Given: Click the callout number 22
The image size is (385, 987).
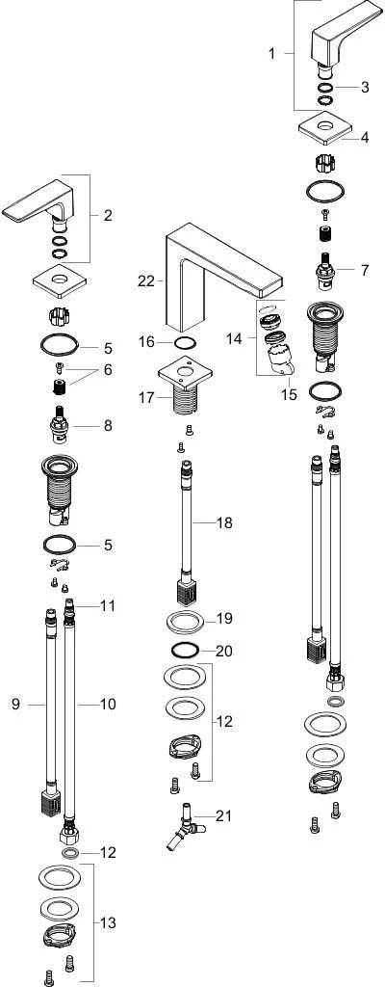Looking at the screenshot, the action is click(x=146, y=281).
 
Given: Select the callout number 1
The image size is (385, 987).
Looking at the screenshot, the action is click(x=271, y=54).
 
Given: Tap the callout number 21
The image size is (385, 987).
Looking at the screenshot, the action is click(x=222, y=816).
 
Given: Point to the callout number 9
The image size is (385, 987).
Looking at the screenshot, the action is click(x=15, y=704).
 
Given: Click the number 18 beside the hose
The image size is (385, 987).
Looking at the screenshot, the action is click(x=224, y=522).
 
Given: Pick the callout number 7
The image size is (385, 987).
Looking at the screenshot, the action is click(x=365, y=271).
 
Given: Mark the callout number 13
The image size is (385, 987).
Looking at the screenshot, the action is click(x=108, y=923).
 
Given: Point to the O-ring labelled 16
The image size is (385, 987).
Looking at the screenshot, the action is click(x=185, y=342).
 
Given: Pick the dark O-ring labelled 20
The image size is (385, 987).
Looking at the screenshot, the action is click(x=185, y=650).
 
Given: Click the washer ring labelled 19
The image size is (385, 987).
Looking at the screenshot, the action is click(x=186, y=623).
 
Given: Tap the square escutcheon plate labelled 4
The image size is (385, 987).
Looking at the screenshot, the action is click(x=324, y=128).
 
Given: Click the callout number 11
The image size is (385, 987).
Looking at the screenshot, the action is click(x=108, y=607).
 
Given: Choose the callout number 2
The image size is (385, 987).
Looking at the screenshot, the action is click(x=108, y=215).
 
